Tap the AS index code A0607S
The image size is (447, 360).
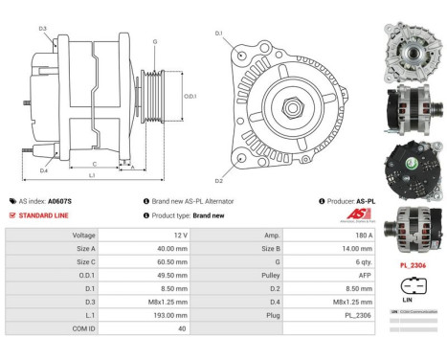point(60,202)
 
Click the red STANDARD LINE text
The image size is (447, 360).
point(41,215)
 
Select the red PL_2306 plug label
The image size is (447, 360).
point(413,264)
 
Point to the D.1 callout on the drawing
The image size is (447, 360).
point(218,34)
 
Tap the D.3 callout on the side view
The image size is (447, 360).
point(43,29)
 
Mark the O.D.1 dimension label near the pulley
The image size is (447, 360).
point(190,96)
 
